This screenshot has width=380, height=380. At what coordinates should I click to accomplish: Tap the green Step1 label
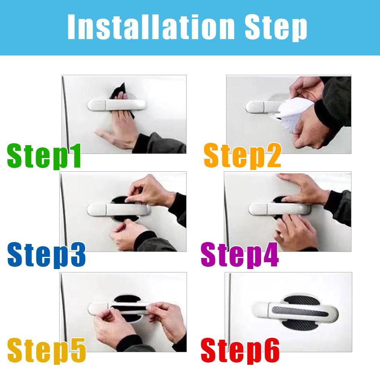click(x=44, y=156)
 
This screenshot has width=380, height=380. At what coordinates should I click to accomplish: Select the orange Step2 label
click(x=242, y=156)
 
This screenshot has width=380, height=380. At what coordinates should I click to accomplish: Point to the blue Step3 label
click(x=46, y=255)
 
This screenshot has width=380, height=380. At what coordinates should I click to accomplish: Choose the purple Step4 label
click(x=240, y=255)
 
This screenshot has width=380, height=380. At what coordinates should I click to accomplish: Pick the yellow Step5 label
click(x=46, y=351)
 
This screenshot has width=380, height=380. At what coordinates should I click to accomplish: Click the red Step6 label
click(x=240, y=351)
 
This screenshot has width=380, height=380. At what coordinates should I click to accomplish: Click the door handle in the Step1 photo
click(x=117, y=105)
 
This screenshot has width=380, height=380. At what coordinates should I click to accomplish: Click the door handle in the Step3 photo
click(x=119, y=210)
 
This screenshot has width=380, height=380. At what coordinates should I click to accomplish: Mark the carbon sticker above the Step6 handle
click(x=302, y=300)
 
